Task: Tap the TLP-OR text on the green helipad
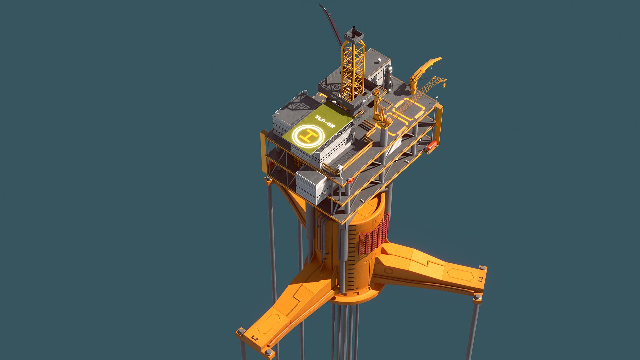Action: point(325,122)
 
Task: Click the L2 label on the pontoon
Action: point(255,339)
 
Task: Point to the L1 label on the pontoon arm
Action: point(480,279)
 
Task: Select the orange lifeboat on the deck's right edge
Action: point(431,146)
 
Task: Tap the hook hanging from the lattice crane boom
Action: point(444,86)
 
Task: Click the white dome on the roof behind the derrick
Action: point(379,60)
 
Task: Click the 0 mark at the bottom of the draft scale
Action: point(356,289)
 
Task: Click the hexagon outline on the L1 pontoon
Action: point(460,274)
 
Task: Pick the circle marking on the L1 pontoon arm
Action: point(388,271)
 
